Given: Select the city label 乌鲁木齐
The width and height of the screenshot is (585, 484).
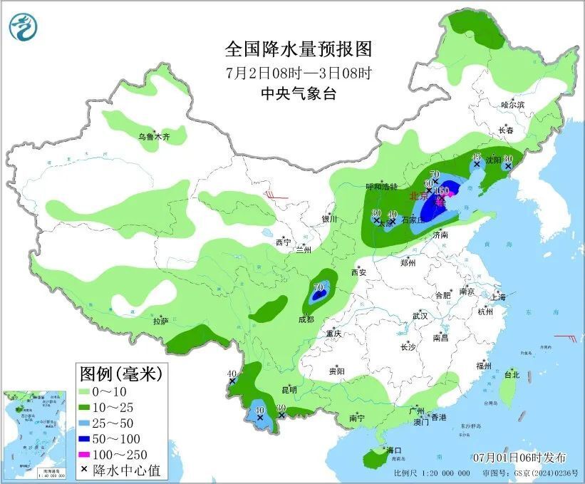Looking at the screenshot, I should [155, 136].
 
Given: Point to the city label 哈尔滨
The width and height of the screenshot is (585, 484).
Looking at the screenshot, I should [512, 105].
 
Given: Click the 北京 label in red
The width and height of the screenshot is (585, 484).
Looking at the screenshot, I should [418, 195].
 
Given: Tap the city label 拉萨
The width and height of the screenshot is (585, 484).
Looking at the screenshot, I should [160, 321].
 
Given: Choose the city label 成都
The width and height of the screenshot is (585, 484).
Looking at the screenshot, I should [306, 320].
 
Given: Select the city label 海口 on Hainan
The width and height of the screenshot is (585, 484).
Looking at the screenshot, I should [394, 450].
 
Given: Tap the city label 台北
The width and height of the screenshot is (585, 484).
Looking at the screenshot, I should [512, 374].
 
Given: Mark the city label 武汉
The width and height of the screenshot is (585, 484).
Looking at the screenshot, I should [419, 315].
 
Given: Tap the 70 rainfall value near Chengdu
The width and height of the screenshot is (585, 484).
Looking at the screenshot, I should [319, 287].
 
